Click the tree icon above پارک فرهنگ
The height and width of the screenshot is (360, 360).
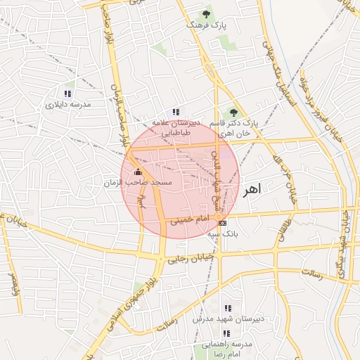click(206, 14)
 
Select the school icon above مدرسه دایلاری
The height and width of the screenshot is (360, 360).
click(68, 94)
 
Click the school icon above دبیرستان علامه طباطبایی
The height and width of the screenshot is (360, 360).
click(176, 112)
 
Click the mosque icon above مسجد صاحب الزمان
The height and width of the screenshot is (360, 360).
click(138, 172)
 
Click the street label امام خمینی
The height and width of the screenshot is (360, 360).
click(189, 220)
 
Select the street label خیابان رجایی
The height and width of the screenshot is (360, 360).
click(185, 259)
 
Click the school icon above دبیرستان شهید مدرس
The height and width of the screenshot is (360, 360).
click(227, 308)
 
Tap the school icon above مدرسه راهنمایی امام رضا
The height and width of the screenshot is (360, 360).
click(227, 333)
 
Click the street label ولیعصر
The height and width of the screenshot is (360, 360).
click(12, 282)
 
